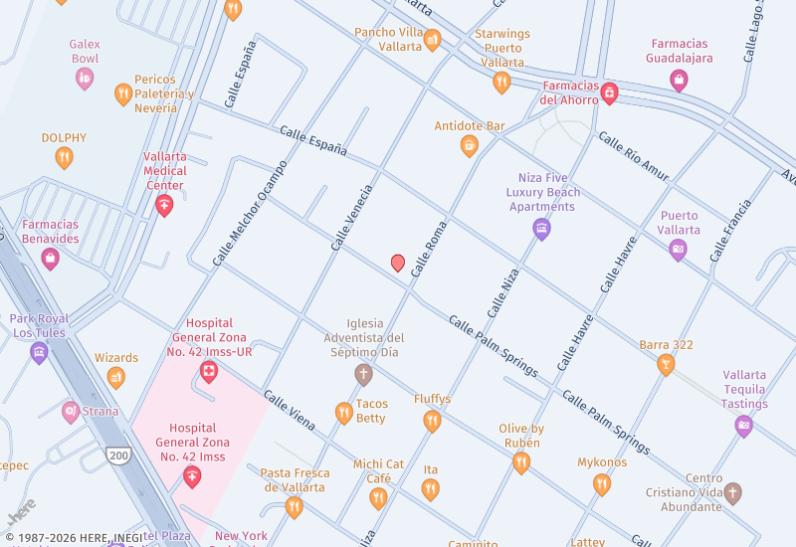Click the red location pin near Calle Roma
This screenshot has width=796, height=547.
(x=398, y=263)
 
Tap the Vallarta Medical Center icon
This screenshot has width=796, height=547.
(x=164, y=206)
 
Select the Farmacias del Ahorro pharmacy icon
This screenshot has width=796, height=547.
(x=609, y=93)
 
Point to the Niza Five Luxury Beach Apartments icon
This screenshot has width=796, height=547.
(x=541, y=229)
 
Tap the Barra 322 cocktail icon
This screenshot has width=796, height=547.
(x=666, y=365)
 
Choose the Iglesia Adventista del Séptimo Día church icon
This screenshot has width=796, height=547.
(x=363, y=374)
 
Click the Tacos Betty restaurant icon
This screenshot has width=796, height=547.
(x=344, y=413)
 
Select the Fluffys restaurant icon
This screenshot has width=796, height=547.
(x=432, y=421)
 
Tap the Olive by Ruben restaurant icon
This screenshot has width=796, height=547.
(x=520, y=462)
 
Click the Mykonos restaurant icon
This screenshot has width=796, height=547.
(x=601, y=484)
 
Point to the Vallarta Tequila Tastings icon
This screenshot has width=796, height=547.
(x=743, y=426)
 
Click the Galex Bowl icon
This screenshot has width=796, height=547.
(x=85, y=78)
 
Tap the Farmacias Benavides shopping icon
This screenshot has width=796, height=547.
(x=50, y=259)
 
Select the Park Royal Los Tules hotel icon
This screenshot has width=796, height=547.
(x=39, y=352)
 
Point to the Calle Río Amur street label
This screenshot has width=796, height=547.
(x=633, y=157)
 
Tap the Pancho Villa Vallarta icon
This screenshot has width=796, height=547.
(x=432, y=40)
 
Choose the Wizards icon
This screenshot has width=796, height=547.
(x=116, y=377)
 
